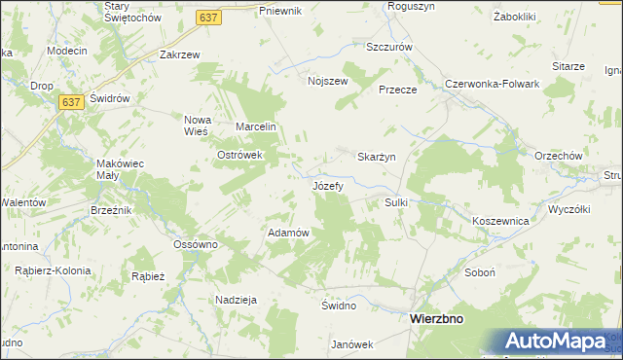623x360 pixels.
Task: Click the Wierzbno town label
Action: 436,318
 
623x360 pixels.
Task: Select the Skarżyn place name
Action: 377,158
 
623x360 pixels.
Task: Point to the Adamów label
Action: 288,233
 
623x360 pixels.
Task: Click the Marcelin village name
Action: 258,126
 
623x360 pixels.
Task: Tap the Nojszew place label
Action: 327,81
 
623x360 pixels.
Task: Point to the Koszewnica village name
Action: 499,221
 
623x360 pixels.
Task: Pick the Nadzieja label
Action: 236,300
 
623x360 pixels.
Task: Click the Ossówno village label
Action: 195,244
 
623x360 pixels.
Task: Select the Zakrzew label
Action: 179,54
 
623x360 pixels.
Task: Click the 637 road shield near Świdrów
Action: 68,102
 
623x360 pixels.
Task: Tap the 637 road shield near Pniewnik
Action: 207,18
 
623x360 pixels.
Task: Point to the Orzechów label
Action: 558,156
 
